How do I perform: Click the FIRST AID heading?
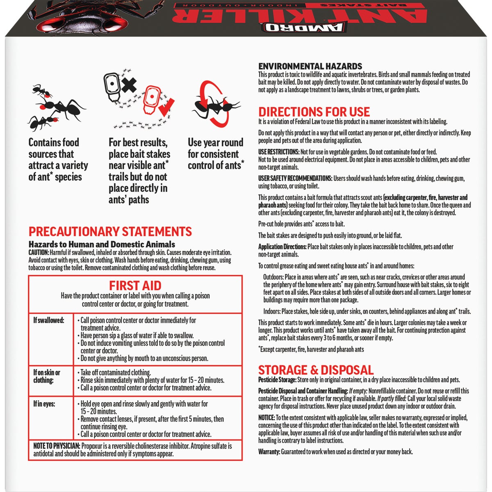click(x=135, y=285)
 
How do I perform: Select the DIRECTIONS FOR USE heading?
click(x=314, y=112)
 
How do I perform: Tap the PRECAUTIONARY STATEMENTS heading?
click(x=110, y=232)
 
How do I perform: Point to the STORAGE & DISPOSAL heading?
click(x=316, y=370)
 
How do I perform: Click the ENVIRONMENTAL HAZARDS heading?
click(x=310, y=66)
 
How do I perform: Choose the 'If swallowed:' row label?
click(x=49, y=320)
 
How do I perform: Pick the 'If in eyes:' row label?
click(x=44, y=404)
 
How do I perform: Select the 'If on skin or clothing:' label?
click(x=46, y=376)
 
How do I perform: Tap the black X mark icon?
click(x=128, y=85)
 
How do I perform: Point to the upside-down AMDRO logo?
click(x=303, y=27)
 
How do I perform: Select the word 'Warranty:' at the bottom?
click(x=269, y=452)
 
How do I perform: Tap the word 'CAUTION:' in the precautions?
click(x=39, y=253)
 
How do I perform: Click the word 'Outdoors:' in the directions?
click(x=273, y=277)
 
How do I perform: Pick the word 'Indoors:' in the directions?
click(x=272, y=311)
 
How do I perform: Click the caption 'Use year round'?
click(x=215, y=143)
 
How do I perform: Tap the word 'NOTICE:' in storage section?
click(x=266, y=418)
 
